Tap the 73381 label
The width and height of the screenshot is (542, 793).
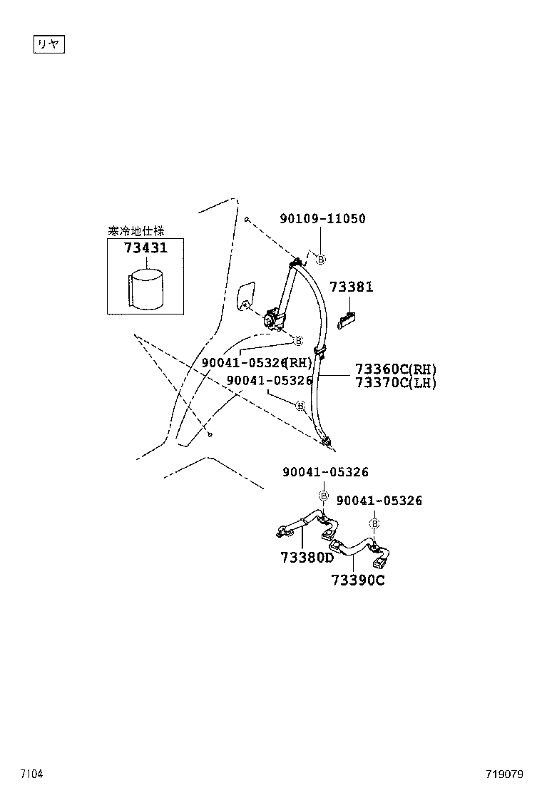coord(351,287)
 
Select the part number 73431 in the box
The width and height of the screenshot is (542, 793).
coord(145,249)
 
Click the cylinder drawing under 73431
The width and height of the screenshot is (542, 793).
coord(148,288)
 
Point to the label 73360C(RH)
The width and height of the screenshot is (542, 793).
coord(396,369)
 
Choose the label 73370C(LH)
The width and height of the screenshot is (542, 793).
coord(396,383)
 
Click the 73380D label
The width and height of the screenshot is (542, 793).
coord(306,556)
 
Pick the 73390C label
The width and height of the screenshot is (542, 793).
coord(357,580)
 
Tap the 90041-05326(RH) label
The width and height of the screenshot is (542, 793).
coord(257,362)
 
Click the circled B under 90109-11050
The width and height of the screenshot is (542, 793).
coord(320,260)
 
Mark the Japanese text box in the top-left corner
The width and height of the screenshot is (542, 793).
coord(50,44)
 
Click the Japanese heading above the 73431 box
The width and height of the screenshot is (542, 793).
coord(135,231)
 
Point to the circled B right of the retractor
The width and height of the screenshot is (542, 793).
coord(299,340)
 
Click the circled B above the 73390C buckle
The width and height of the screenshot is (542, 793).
coord(374,523)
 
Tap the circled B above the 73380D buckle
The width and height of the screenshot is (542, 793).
coord(323,496)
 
